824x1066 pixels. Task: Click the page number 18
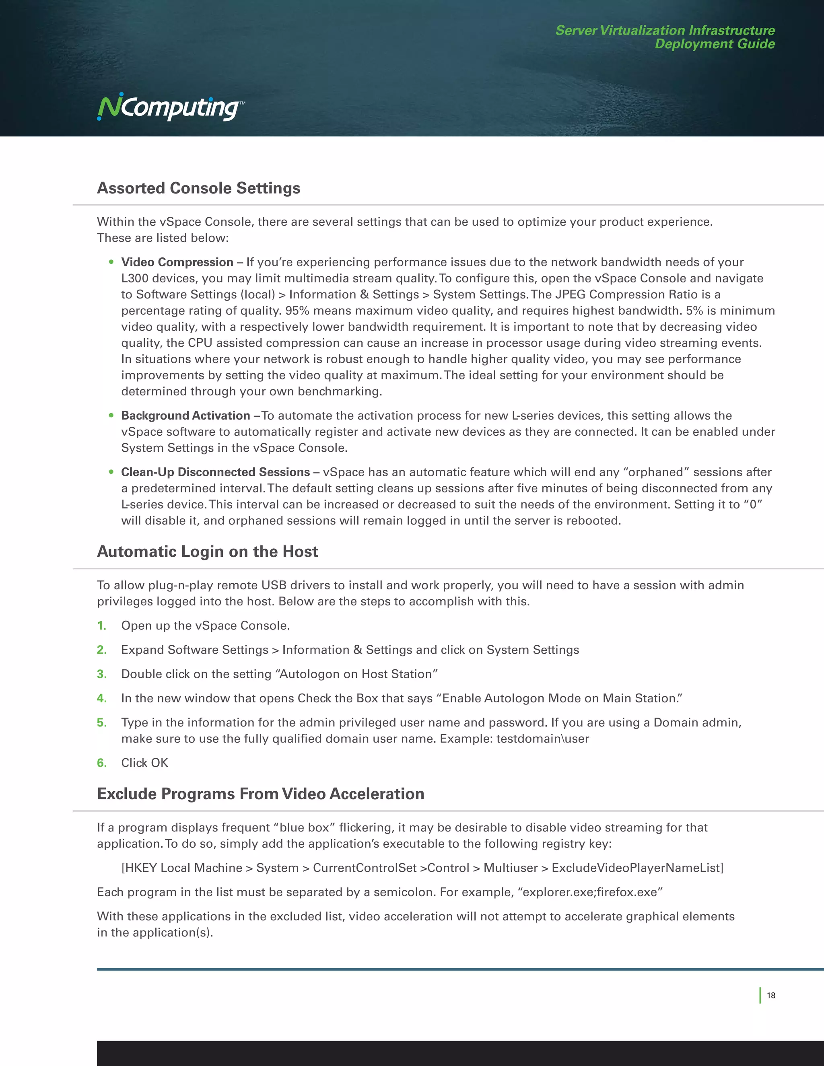coord(771,995)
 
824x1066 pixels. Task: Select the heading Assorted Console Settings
coord(198,188)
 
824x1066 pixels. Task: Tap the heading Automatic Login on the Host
coord(208,552)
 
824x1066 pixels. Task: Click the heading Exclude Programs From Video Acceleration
coord(260,794)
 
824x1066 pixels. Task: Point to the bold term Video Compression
coord(177,262)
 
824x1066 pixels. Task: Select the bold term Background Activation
coord(185,416)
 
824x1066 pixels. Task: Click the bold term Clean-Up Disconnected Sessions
coord(215,472)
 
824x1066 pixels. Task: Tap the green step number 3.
coord(101,674)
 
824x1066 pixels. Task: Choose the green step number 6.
coord(101,763)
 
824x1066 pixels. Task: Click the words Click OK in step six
coord(144,763)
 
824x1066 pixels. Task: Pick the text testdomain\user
coord(542,739)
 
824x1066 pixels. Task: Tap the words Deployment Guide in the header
coord(714,44)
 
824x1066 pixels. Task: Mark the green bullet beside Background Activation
coord(111,416)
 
